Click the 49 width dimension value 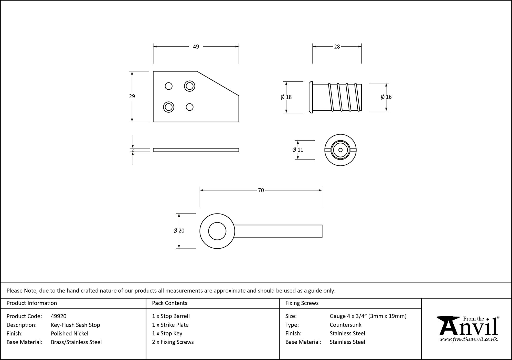pyautogui.click(x=196, y=47)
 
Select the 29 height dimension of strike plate pyautogui.click(x=132, y=96)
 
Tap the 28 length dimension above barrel pyautogui.click(x=337, y=47)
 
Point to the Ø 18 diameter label pyautogui.click(x=286, y=97)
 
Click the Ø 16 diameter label pyautogui.click(x=386, y=97)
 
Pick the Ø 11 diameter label pyautogui.click(x=298, y=150)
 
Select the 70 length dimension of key pyautogui.click(x=261, y=190)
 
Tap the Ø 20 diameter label pyautogui.click(x=179, y=231)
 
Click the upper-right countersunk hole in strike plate pyautogui.click(x=189, y=86)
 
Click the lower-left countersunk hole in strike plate pyautogui.click(x=168, y=107)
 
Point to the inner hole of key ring pyautogui.click(x=217, y=231)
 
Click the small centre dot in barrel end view pyautogui.click(x=340, y=150)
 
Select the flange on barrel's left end pyautogui.click(x=311, y=97)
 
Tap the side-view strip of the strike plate pyautogui.click(x=196, y=150)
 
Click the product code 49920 pyautogui.click(x=59, y=316)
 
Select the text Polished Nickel pyautogui.click(x=69, y=333)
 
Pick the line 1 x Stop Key pyautogui.click(x=167, y=333)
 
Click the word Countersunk pyautogui.click(x=345, y=325)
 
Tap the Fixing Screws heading pyautogui.click(x=302, y=303)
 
